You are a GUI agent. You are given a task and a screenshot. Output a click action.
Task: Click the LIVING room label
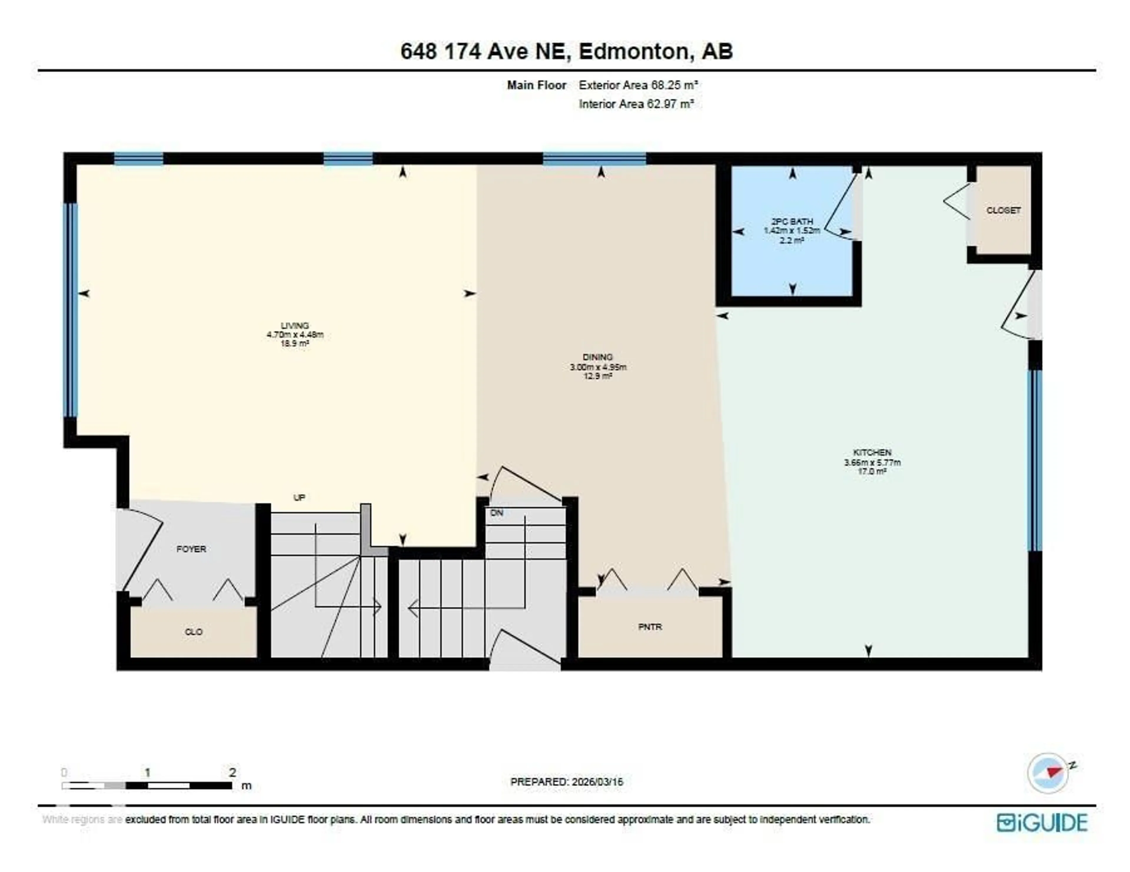pyautogui.click(x=295, y=326)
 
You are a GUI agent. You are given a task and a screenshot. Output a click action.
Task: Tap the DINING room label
pyautogui.click(x=598, y=357)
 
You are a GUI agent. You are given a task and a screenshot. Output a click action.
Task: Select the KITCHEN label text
pyautogui.click(x=872, y=452)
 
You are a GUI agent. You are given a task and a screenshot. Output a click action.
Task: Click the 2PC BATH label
pyautogui.click(x=792, y=221)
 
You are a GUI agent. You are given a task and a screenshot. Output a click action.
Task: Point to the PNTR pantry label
pyautogui.click(x=650, y=627)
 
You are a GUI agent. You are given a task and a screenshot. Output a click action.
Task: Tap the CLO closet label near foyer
pyautogui.click(x=194, y=632)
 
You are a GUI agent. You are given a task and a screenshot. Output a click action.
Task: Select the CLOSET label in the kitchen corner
pyautogui.click(x=1003, y=210)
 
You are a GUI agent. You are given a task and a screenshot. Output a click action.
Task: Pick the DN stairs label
pyautogui.click(x=497, y=513)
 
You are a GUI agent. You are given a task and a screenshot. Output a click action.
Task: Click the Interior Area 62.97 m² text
pyautogui.click(x=636, y=104)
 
